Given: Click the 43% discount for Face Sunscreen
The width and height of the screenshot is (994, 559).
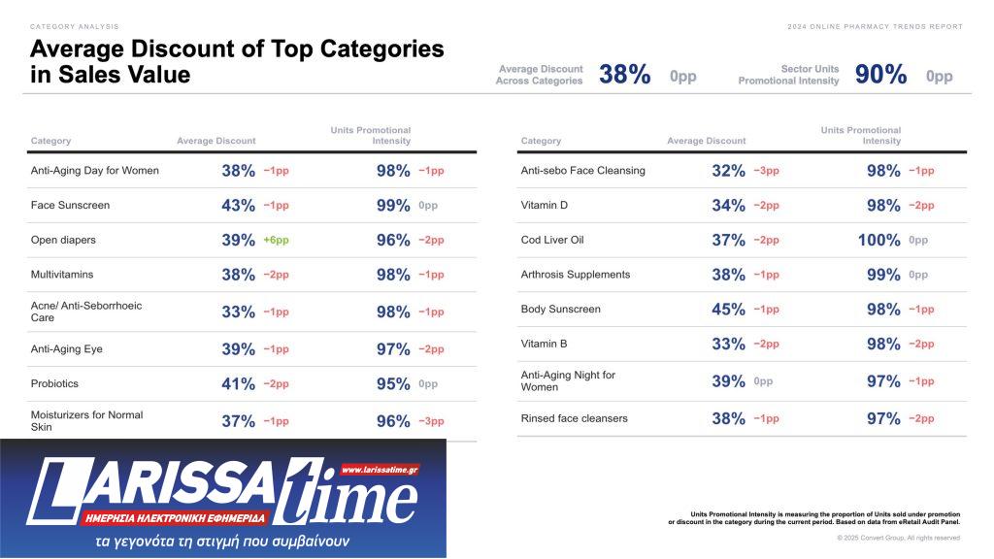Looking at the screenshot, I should pos(238,206).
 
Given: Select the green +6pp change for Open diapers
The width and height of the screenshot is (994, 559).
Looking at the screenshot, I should pos(276,240).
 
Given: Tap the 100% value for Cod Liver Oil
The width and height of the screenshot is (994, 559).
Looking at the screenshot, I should pos(879,240).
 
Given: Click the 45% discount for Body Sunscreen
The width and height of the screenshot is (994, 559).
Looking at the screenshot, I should pos(728,310).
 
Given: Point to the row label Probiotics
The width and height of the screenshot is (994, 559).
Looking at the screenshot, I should pos(54,383).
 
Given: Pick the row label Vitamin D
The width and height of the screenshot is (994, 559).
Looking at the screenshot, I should pos(545,205).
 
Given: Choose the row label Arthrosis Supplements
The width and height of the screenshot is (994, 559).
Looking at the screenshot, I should pos(576,275).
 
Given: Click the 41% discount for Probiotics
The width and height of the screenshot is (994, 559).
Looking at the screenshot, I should pos(238,384).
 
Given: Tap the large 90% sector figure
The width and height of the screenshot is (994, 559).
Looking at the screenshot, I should pos(880,75).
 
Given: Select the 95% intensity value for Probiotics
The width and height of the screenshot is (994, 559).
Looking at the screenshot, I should pos(393,384).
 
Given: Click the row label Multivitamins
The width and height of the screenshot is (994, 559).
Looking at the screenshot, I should pos(63,275).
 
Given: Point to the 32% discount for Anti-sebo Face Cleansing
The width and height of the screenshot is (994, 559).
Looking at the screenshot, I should pos(728,171).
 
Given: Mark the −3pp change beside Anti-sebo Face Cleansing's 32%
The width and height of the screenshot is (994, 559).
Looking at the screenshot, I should pos(766,171).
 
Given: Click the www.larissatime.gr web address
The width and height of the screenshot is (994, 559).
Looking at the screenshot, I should pos(380,469).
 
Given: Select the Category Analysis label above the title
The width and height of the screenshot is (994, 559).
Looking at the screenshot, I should pos(75,26).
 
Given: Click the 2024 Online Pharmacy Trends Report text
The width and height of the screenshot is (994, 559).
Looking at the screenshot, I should pos(875,26).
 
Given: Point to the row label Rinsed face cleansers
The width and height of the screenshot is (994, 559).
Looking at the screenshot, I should pos(574,418).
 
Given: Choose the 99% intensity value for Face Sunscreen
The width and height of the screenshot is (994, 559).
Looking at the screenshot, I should pos(393,206).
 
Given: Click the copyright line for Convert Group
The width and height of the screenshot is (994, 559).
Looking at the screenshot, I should pos(898,538).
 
